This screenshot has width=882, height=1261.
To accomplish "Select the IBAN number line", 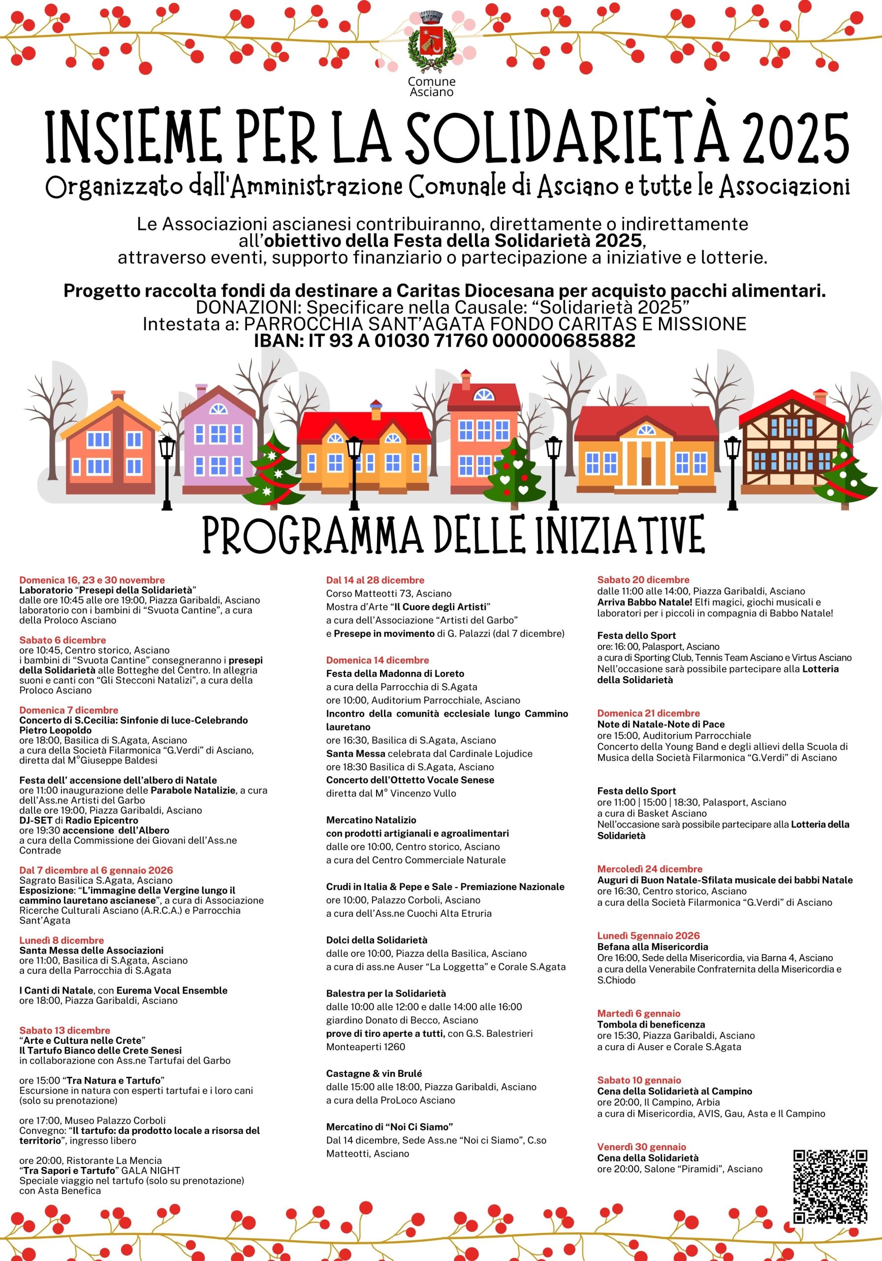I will click(444, 340).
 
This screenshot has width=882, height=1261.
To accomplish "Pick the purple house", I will click(219, 443).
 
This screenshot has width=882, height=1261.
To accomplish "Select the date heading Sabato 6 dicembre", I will click(63, 640).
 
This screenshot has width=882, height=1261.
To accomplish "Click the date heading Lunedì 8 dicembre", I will click(62, 940).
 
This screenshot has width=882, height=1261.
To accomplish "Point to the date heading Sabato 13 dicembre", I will click(65, 1030).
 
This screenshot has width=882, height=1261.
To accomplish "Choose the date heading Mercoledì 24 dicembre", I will click(649, 869).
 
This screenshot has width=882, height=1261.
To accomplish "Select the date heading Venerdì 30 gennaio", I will click(641, 1147).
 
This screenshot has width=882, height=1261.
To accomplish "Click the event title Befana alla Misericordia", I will click(653, 947).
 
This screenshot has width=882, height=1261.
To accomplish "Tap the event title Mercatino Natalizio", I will click(371, 820).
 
